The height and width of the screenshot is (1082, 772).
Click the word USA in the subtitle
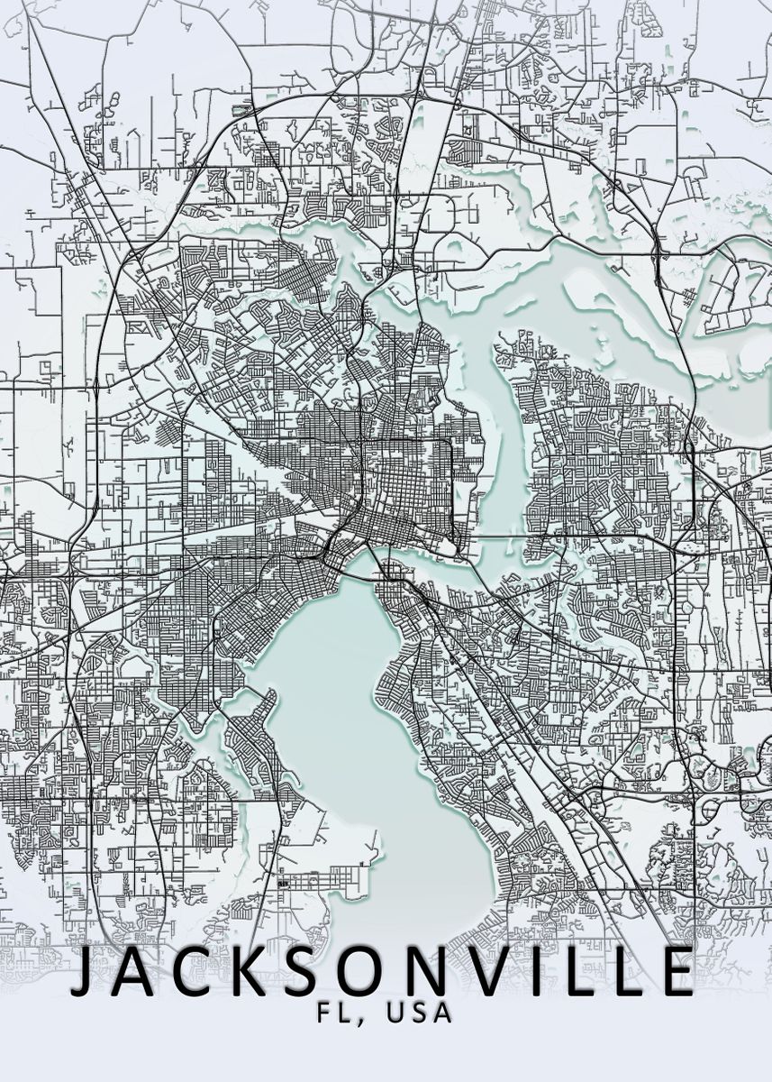click(419, 1013)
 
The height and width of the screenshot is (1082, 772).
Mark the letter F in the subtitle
click(325, 1013)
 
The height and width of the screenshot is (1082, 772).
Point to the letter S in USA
click(419, 1013)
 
